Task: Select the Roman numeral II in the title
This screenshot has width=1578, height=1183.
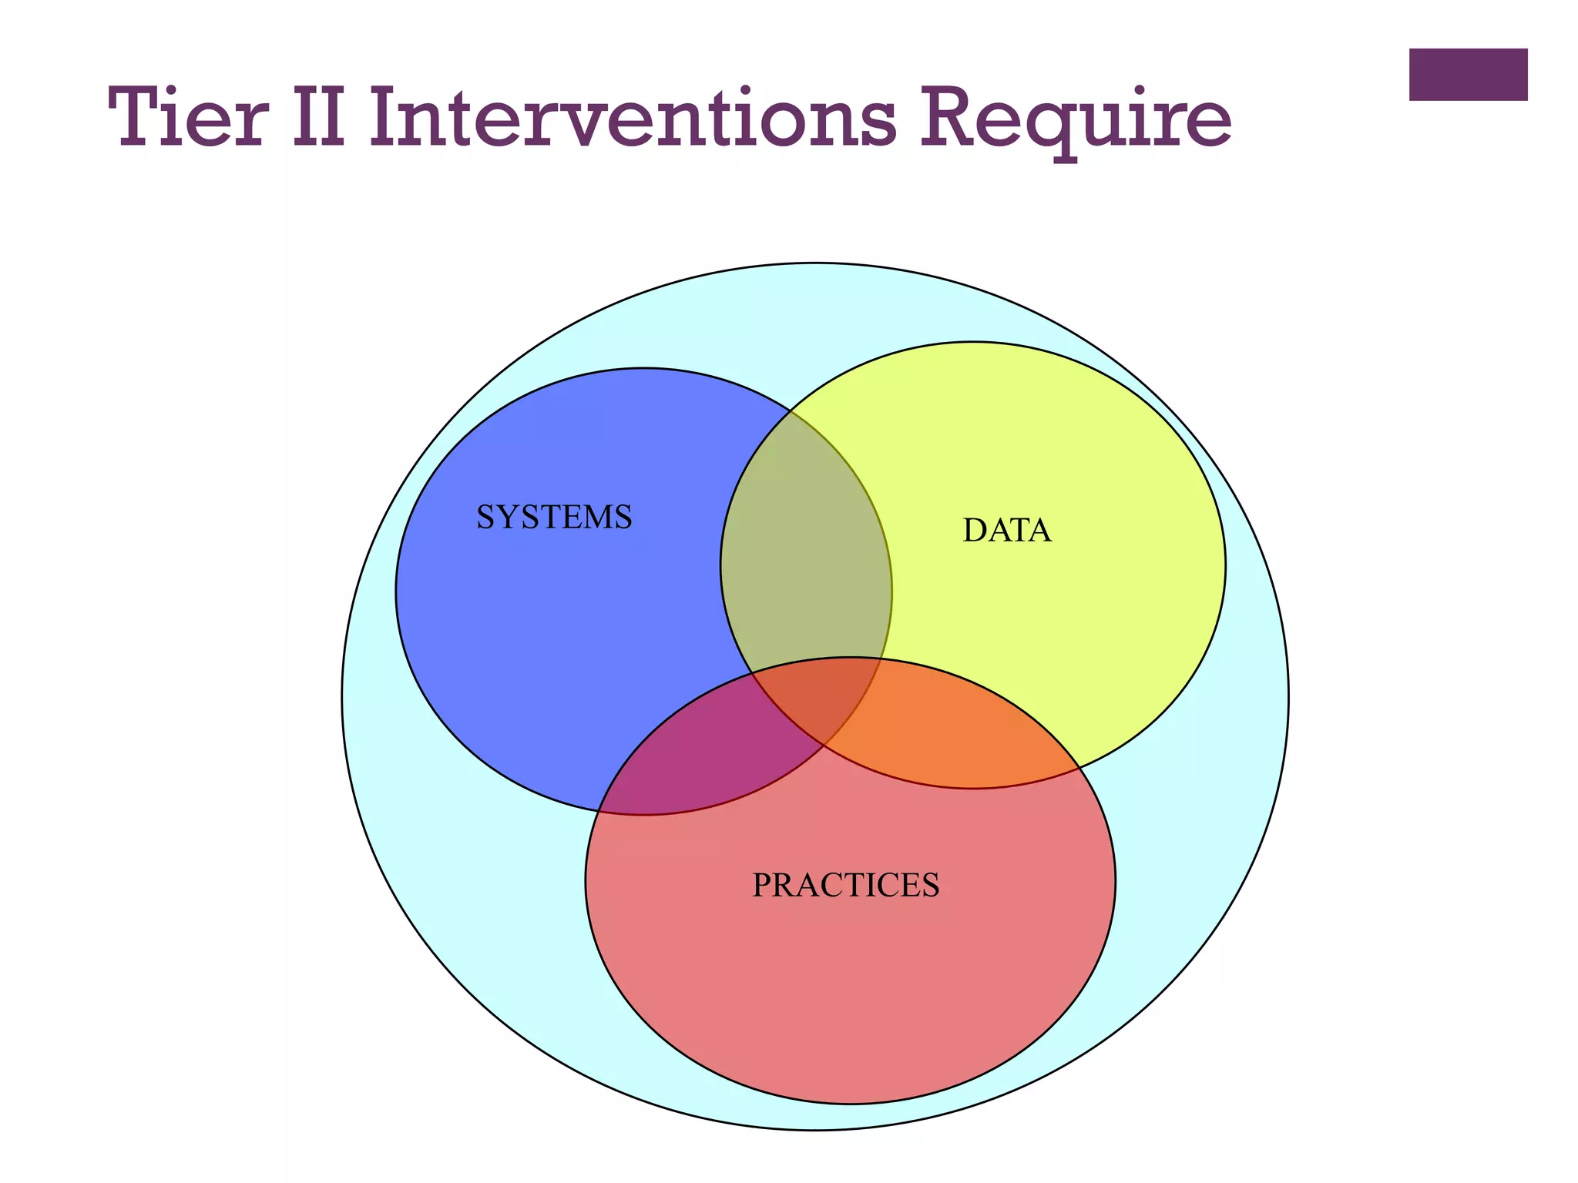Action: [317, 119]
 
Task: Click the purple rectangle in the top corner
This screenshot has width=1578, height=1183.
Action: [1468, 75]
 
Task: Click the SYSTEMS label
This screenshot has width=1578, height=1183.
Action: [554, 517]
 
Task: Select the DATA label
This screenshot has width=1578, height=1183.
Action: [1006, 531]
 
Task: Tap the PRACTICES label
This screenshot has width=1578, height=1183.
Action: [845, 886]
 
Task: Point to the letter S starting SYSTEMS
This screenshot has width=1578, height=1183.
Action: [485, 517]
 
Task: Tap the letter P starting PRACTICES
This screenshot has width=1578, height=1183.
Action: [762, 886]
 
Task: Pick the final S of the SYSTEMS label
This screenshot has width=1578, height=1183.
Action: [623, 517]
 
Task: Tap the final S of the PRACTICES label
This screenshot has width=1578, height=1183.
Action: [930, 886]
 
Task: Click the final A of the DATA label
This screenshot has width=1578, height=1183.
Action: [1039, 531]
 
